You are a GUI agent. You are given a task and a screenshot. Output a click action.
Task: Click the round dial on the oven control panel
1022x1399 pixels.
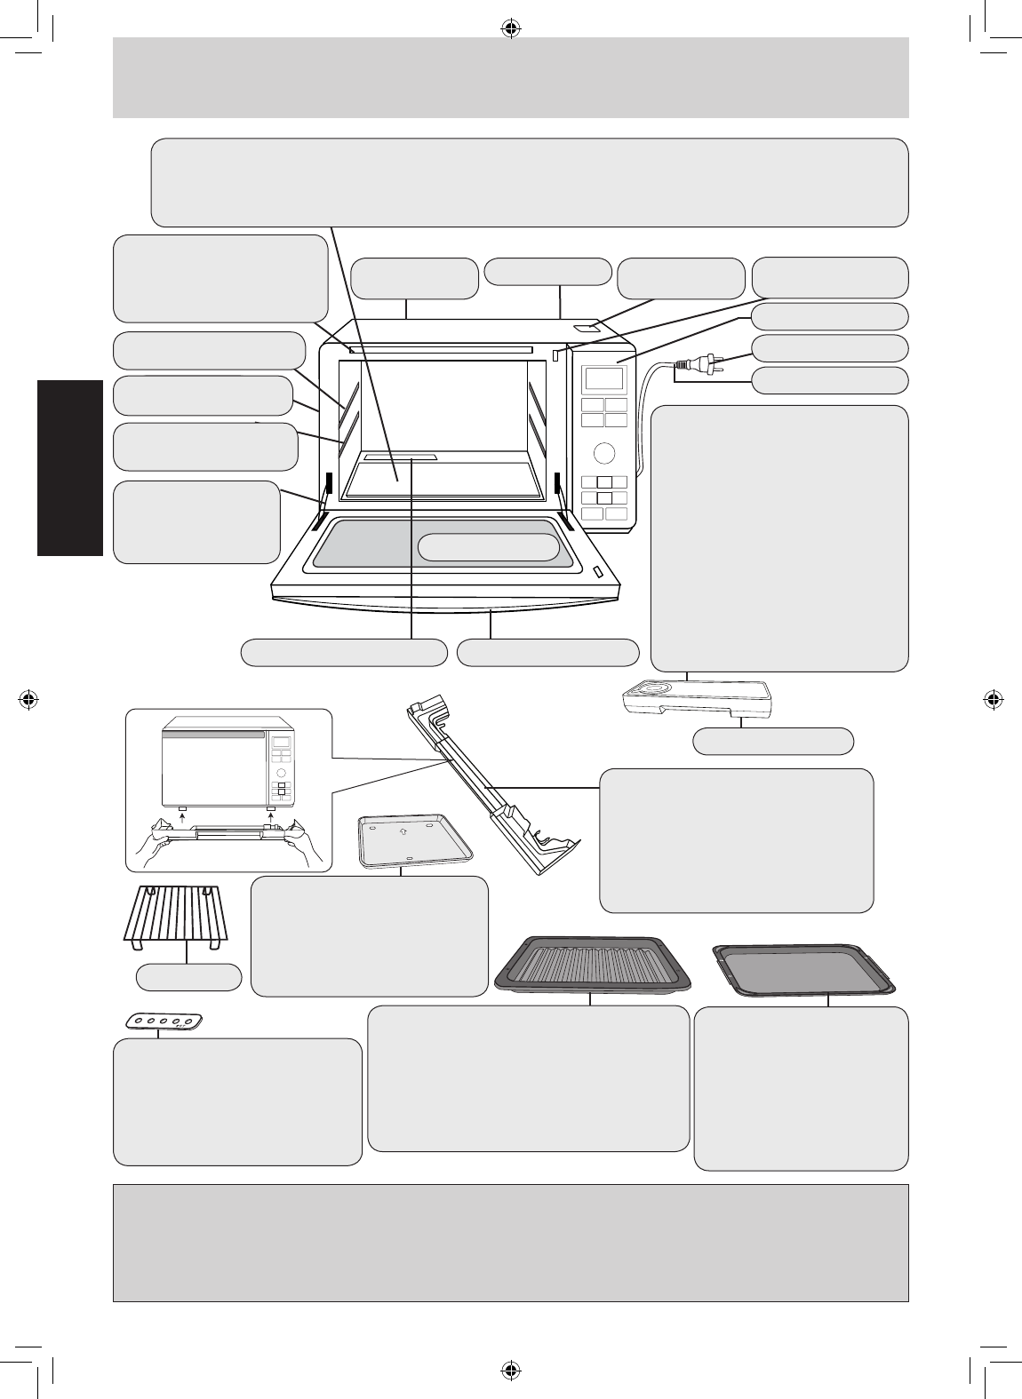click(603, 453)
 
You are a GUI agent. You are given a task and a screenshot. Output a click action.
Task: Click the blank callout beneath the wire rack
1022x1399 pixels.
click(188, 977)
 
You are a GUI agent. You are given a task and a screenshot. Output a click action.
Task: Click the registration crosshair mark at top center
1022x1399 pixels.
click(510, 28)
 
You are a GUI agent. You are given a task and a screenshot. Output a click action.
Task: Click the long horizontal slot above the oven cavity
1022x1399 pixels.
click(441, 350)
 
